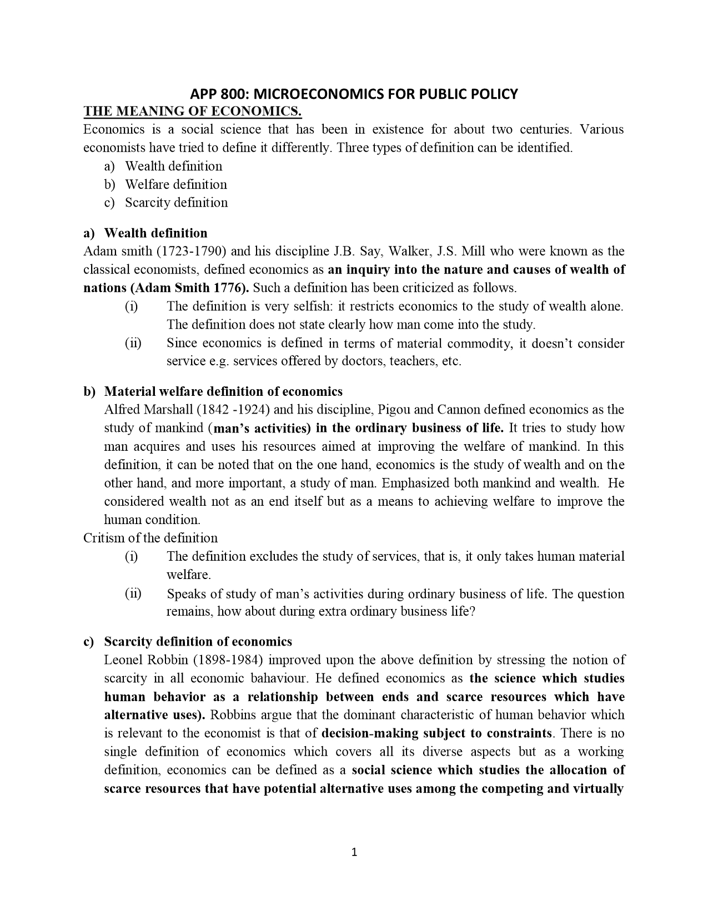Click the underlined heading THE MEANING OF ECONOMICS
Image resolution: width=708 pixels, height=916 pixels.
pyautogui.click(x=192, y=112)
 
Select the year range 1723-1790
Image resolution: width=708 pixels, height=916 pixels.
pyautogui.click(x=191, y=251)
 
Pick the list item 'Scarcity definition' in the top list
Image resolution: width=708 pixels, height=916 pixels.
pyautogui.click(x=176, y=203)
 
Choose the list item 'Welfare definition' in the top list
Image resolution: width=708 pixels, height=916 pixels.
pyautogui.click(x=175, y=184)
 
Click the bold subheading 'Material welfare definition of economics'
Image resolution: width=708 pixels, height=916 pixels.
pyautogui.click(x=223, y=392)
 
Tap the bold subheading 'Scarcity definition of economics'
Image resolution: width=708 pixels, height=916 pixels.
pyautogui.click(x=198, y=642)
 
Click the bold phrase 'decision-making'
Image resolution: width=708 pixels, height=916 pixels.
pyautogui.click(x=370, y=733)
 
